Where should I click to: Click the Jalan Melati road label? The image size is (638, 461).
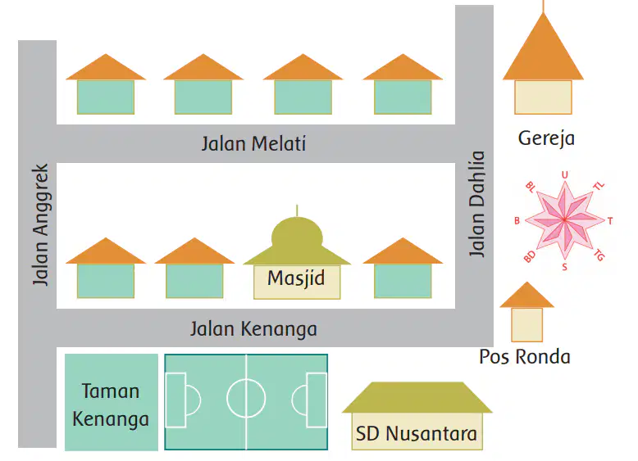click(253, 144)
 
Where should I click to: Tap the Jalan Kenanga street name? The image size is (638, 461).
click(253, 329)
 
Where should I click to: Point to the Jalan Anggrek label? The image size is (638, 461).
click(41, 224)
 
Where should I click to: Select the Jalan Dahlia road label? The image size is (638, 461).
click(476, 204)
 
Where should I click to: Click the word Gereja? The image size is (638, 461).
click(546, 138)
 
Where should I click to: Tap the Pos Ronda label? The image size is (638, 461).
click(525, 357)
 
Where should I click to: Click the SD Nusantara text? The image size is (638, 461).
click(417, 433)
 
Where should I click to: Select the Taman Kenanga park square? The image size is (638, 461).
click(112, 402)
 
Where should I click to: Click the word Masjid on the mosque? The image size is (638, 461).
click(296, 279)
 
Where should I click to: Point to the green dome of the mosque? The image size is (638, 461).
click(297, 235)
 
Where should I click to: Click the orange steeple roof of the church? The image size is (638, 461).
click(543, 49)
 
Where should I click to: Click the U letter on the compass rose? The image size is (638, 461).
click(564, 175)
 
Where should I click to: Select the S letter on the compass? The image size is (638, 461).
click(564, 267)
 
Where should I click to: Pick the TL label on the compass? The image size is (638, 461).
click(599, 186)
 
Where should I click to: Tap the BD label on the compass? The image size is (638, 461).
click(530, 256)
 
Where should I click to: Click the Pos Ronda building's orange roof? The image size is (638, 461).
click(527, 296)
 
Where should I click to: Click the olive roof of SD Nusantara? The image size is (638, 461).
click(417, 398)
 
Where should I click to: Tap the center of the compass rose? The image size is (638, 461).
click(564, 219)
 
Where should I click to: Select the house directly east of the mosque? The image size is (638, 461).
click(403, 268)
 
